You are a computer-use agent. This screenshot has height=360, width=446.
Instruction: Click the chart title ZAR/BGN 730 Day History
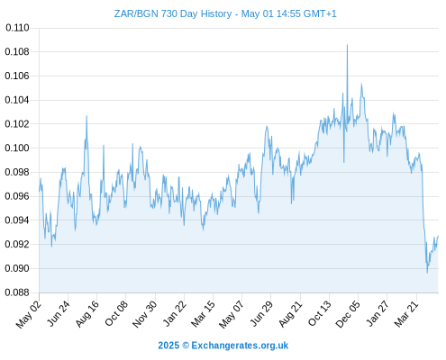(x=173, y=13)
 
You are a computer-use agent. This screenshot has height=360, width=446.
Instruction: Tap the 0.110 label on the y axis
(x=17, y=28)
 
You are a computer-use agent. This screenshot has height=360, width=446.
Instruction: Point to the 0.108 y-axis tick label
(x=17, y=52)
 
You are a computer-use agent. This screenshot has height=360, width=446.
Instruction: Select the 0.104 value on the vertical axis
(x=17, y=100)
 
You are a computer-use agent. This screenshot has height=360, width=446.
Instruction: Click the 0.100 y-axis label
(x=17, y=148)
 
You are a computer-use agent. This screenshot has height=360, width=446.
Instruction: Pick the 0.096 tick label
(x=17, y=196)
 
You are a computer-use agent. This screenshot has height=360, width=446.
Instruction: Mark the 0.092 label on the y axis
(x=17, y=244)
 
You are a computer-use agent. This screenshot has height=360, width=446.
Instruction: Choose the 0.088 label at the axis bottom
(x=17, y=292)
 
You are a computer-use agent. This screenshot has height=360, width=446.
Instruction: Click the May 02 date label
(x=29, y=314)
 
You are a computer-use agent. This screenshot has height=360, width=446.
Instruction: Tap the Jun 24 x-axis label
(x=59, y=313)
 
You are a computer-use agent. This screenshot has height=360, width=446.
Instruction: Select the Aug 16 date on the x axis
(x=87, y=314)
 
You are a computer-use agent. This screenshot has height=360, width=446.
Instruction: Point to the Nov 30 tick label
(x=145, y=314)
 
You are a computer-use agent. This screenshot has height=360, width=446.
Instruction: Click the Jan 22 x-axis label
(x=175, y=313)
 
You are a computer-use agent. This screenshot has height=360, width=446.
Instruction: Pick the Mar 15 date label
(x=204, y=314)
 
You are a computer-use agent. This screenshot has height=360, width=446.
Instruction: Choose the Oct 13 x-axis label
(x=320, y=313)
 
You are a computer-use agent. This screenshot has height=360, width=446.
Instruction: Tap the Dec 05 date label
(x=348, y=314)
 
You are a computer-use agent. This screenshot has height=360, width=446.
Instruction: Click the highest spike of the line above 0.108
(x=347, y=45)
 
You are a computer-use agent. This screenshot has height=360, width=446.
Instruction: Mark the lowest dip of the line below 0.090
(x=427, y=272)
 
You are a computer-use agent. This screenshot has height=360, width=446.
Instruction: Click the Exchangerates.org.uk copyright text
(x=223, y=346)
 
